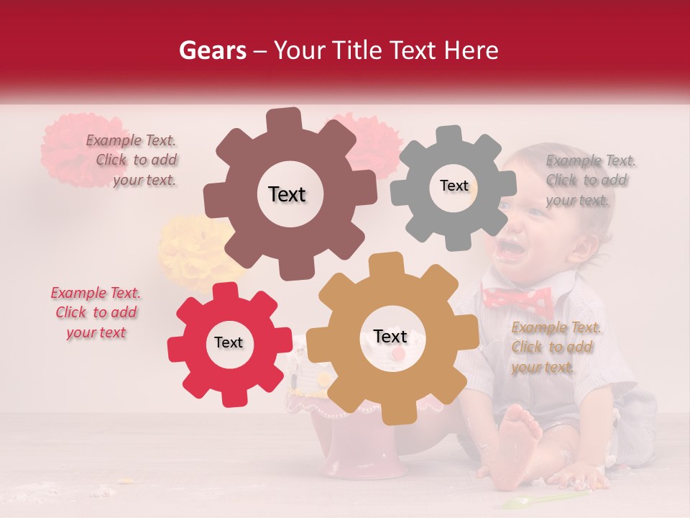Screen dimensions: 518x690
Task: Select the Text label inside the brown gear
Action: point(287,194)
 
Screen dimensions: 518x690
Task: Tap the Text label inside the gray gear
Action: point(454,186)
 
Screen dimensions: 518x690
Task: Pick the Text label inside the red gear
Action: point(229,342)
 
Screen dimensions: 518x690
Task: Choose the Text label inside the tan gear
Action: point(390,337)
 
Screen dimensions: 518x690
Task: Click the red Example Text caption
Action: point(96,312)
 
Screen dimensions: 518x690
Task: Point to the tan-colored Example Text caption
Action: point(556,347)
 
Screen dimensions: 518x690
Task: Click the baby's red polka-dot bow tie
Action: point(517,299)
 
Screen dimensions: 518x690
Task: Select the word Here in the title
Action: point(471,50)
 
